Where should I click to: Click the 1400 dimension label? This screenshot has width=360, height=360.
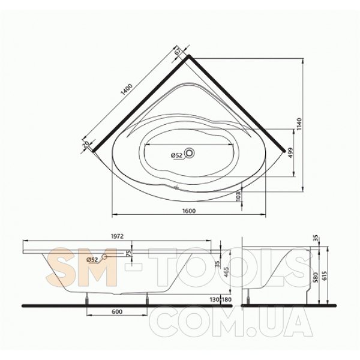[x=127, y=89]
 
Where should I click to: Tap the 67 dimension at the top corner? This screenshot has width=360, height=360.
[x=178, y=51]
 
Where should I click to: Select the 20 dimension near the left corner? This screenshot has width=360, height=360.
[x=86, y=144]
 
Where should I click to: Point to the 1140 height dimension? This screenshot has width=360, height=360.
[x=299, y=124]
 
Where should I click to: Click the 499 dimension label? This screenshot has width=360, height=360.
[x=290, y=152]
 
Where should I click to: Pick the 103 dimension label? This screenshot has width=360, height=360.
[x=238, y=196]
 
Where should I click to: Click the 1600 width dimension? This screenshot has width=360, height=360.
[x=189, y=211]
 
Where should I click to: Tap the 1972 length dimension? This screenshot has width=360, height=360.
[x=118, y=236]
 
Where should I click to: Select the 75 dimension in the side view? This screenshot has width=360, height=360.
[x=129, y=253]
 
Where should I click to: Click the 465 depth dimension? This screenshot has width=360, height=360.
[x=227, y=272]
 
